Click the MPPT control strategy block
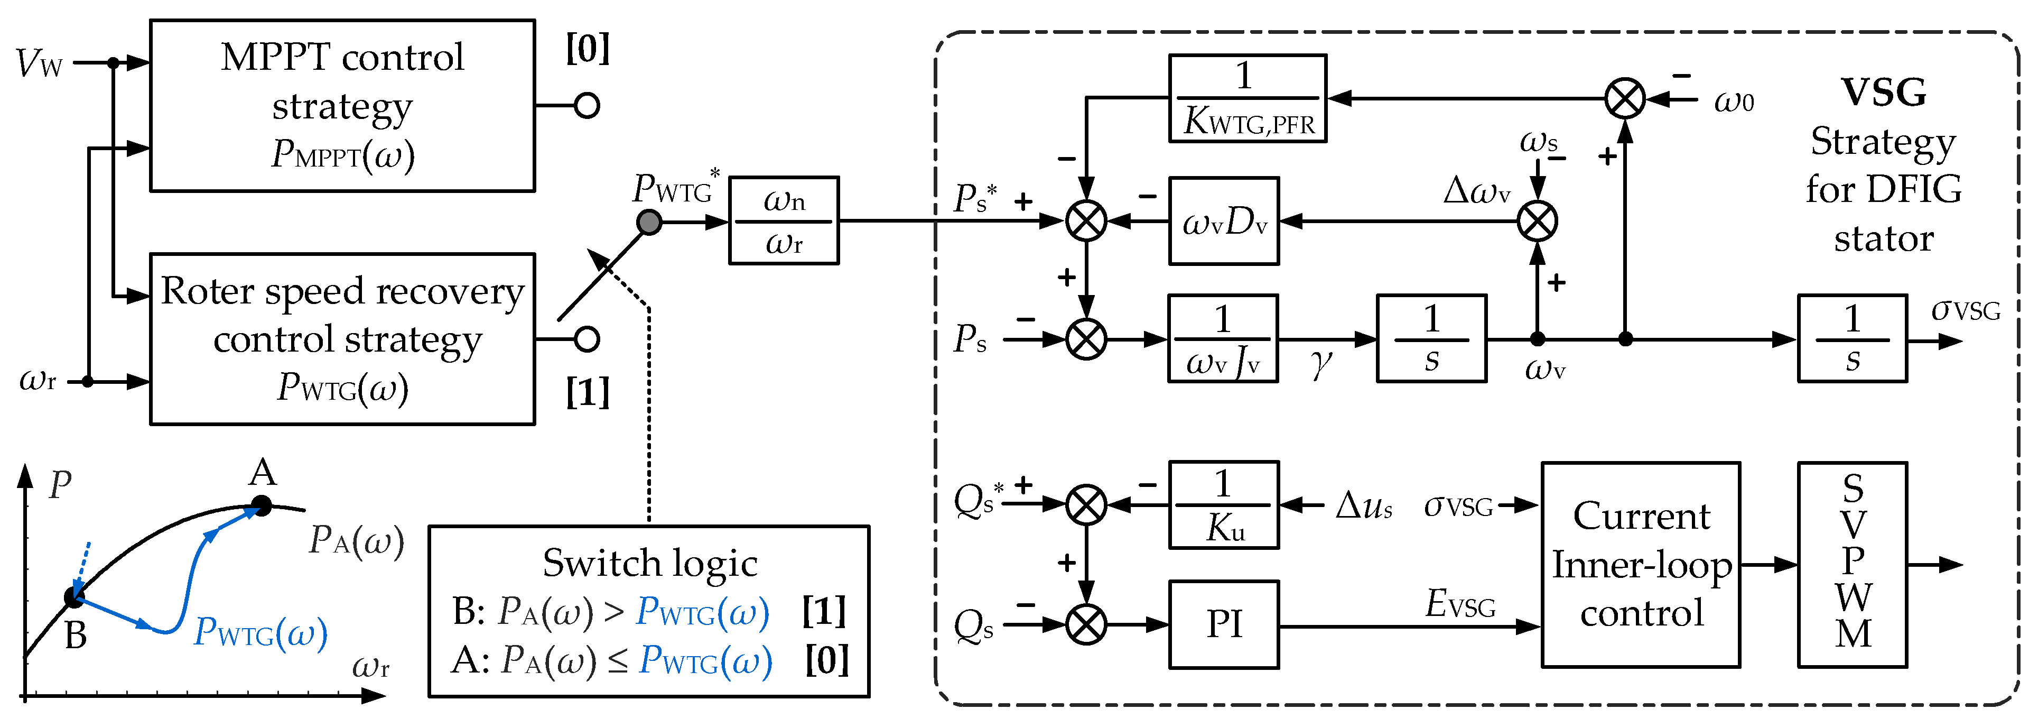(x=342, y=106)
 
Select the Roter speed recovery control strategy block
(x=342, y=339)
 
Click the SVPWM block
(x=1853, y=564)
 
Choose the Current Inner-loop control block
(x=1641, y=564)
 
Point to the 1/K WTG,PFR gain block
(x=1248, y=98)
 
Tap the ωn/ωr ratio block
(x=784, y=220)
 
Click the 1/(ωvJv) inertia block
(x=1223, y=339)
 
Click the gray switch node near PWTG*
(x=649, y=222)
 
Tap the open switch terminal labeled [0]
(x=587, y=106)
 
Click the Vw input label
(x=40, y=63)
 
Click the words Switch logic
(x=650, y=563)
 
